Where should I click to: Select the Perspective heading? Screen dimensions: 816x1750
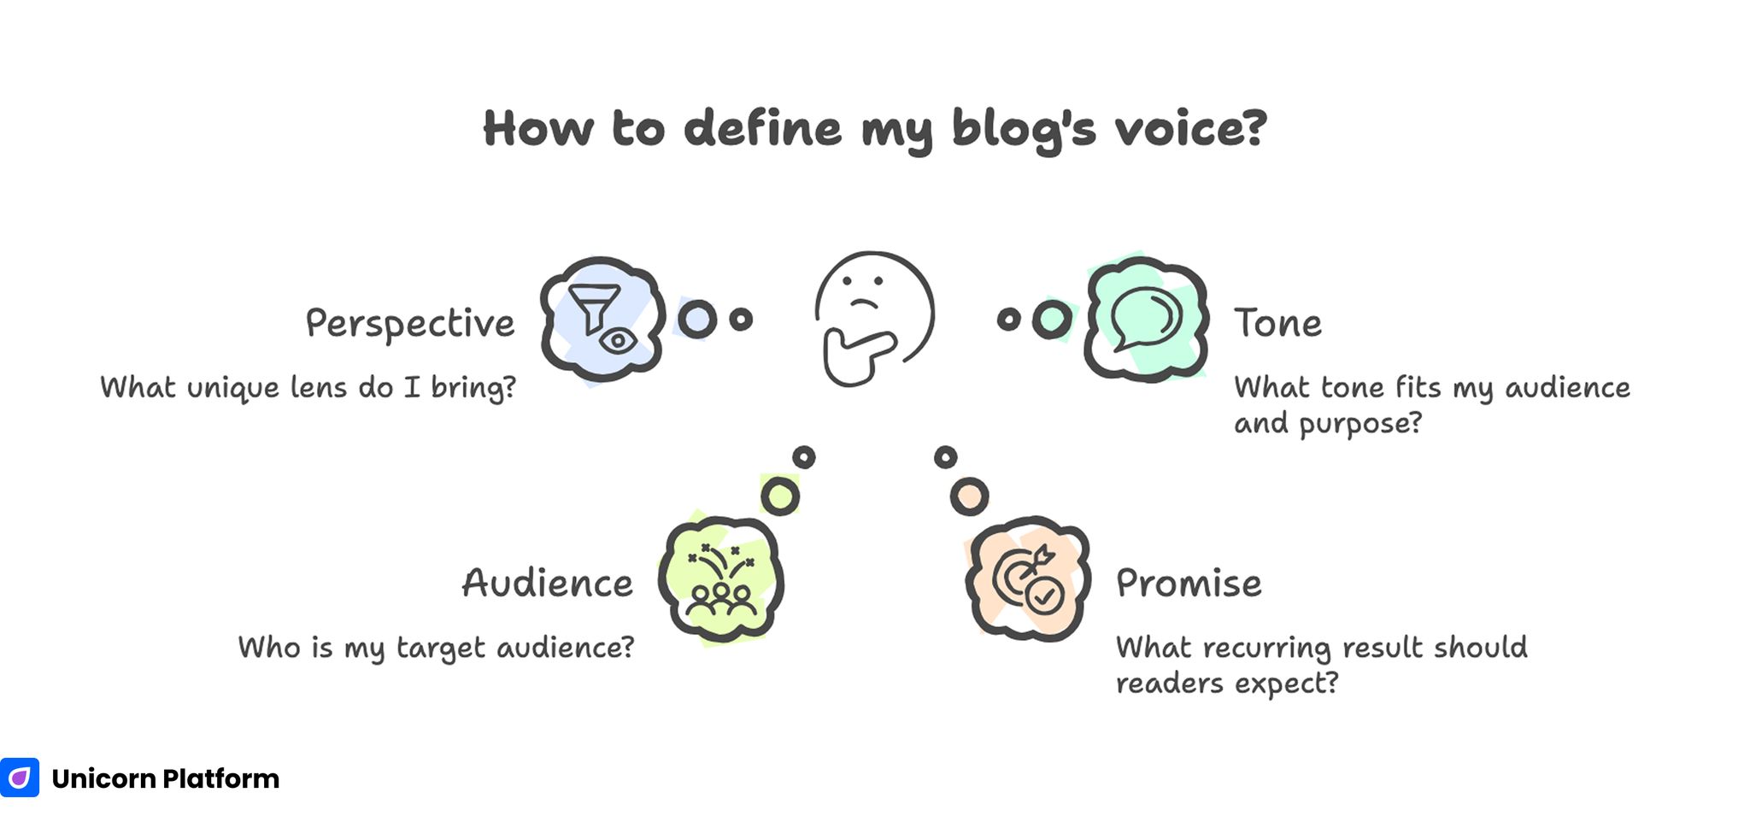coord(410,324)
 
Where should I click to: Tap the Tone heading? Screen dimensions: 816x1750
coord(1277,324)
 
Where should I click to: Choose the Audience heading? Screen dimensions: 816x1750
coord(548,584)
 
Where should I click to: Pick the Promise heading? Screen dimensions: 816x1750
coord(1189,584)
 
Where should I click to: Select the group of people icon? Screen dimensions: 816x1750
coord(721,580)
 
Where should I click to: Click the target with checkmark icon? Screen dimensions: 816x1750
coord(1029,580)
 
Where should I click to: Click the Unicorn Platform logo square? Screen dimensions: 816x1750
coord(19,778)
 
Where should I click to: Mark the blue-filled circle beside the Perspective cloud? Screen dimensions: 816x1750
coord(697,320)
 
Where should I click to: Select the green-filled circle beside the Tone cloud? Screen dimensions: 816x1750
coord(1052,320)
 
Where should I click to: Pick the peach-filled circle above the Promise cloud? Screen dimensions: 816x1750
coord(969,496)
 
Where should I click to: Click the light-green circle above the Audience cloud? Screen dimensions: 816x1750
coord(779,496)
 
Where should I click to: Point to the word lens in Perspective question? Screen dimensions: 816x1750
coord(320,388)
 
